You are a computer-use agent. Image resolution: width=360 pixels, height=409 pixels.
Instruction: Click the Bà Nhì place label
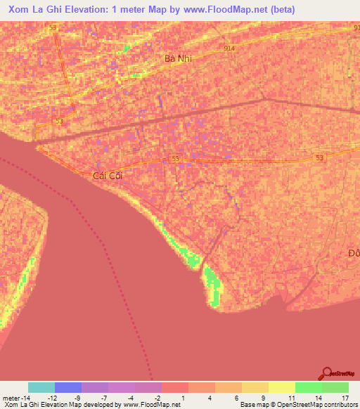point(178,59)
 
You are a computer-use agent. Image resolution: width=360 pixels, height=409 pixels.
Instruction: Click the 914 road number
point(229,48)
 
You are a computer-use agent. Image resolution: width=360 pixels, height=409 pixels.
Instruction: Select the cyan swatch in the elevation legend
point(41,387)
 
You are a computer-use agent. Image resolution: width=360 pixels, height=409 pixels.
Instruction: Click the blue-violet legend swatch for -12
point(68,387)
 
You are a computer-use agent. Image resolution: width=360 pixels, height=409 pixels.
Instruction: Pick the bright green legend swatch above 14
point(309,387)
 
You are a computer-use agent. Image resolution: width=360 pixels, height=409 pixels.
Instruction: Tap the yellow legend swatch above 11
point(282,387)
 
